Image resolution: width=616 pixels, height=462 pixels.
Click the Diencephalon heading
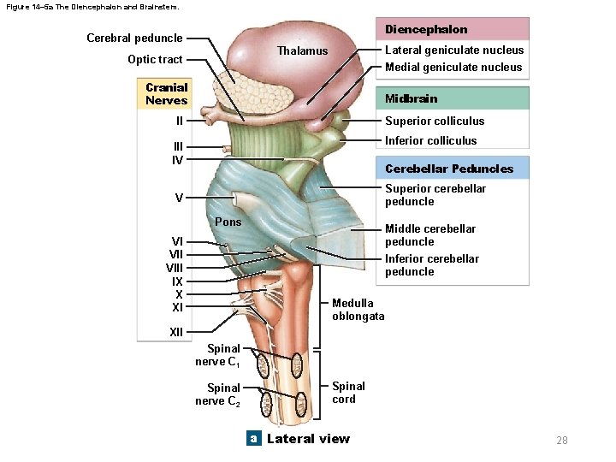click(x=425, y=29)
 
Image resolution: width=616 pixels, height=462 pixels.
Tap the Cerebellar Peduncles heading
click(x=449, y=169)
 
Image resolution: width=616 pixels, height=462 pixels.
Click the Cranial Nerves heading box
click(x=167, y=94)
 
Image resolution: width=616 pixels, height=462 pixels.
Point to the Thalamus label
click(x=302, y=50)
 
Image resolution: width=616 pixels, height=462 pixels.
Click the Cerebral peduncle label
click(x=134, y=38)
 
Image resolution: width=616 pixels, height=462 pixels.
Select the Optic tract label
click(x=155, y=59)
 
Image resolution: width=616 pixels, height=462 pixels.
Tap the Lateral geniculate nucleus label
click(x=453, y=50)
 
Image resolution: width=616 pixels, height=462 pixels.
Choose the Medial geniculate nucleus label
click(x=453, y=67)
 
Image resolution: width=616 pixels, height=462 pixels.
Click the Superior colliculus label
click(x=435, y=121)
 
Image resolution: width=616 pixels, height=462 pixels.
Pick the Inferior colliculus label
click(x=431, y=140)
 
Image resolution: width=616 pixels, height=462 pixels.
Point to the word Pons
click(x=228, y=222)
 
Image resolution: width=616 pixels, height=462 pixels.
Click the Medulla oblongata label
click(x=358, y=310)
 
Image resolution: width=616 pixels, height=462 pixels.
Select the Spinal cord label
click(x=348, y=393)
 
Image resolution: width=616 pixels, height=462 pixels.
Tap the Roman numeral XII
click(x=176, y=332)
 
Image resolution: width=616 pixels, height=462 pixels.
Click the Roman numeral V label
click(x=179, y=198)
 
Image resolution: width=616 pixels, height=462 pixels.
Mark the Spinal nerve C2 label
click(x=217, y=394)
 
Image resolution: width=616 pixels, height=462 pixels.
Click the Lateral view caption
click(x=308, y=439)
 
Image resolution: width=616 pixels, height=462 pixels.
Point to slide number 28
click(x=561, y=441)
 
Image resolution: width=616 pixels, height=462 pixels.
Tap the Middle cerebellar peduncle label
click(x=429, y=235)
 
